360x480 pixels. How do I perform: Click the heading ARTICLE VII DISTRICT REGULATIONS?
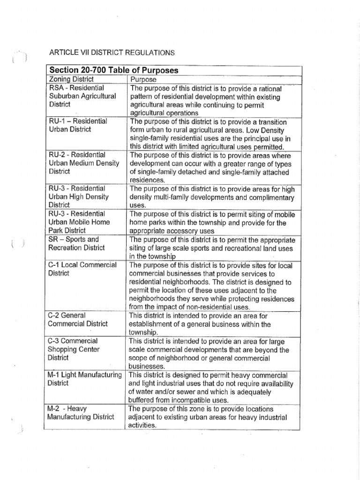(x=112, y=52)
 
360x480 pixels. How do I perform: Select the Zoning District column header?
(x=71, y=79)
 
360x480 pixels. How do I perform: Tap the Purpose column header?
(x=143, y=80)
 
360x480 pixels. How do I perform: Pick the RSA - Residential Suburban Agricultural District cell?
(x=82, y=96)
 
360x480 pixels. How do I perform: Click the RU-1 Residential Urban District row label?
(x=78, y=125)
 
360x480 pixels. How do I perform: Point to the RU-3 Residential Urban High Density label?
(x=79, y=196)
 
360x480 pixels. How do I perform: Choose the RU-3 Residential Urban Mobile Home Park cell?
(x=79, y=222)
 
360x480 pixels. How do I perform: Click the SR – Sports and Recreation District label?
(x=76, y=243)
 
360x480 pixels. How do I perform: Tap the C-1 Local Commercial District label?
(x=82, y=269)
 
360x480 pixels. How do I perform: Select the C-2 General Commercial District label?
(x=78, y=319)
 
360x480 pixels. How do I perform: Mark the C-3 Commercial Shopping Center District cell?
(x=74, y=349)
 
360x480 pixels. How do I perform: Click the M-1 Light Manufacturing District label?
(x=85, y=379)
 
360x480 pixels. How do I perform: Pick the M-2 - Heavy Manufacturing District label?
(x=81, y=412)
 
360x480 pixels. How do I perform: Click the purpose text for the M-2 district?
(x=208, y=417)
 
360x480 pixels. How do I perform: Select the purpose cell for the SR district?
(x=211, y=247)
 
